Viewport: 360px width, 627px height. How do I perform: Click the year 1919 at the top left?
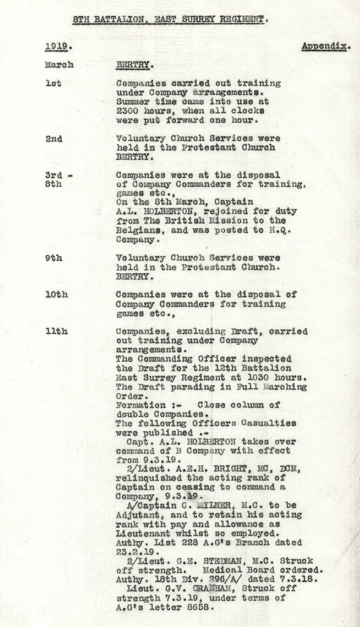(x=55, y=46)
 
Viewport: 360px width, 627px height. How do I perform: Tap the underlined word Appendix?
(x=325, y=46)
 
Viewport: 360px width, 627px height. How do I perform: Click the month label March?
(x=59, y=65)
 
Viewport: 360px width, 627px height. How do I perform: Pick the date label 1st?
(x=53, y=83)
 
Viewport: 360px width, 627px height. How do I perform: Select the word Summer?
(x=131, y=101)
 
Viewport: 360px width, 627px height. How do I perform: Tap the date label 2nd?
(x=53, y=138)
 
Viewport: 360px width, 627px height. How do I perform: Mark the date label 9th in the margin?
(x=53, y=258)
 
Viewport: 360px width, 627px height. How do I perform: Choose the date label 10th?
(x=56, y=294)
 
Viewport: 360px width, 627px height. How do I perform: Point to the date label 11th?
(x=56, y=331)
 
